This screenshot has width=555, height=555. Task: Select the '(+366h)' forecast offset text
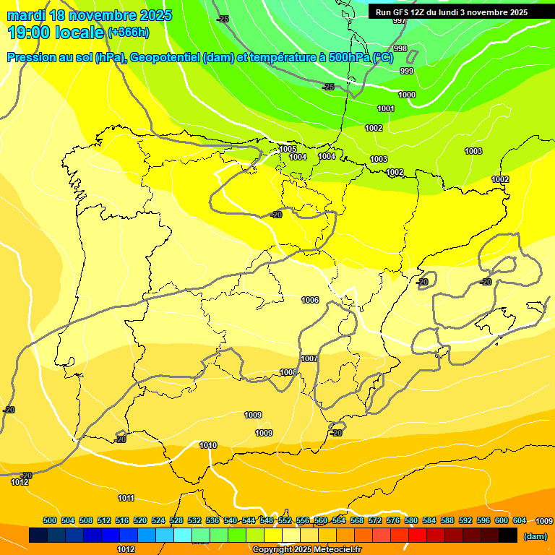pos(129,32)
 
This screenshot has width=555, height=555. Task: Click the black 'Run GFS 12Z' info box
pos(459,12)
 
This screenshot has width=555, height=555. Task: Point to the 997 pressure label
pos(399,20)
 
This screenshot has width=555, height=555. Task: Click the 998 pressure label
pos(400,48)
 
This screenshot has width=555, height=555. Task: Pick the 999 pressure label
pos(407,71)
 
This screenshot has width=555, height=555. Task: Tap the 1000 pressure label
pos(407,95)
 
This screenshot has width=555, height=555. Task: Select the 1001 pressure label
pos(386,108)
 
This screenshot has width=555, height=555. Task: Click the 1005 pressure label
pos(288,149)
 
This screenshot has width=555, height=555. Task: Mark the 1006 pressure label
pos(311,300)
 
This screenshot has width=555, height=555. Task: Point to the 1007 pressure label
pos(309,358)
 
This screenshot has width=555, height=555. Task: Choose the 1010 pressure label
pos(208,445)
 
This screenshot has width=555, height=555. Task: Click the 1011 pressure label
pos(126,498)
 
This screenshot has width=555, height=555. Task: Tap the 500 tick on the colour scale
pos(50,520)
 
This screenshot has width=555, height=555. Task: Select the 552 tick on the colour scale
pos(285,520)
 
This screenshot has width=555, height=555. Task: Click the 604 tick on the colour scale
pos(519,520)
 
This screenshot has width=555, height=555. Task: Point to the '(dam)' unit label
pos(535,536)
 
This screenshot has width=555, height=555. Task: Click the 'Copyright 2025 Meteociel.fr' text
pos(307,550)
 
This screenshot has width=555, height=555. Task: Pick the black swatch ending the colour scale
pos(508,535)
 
